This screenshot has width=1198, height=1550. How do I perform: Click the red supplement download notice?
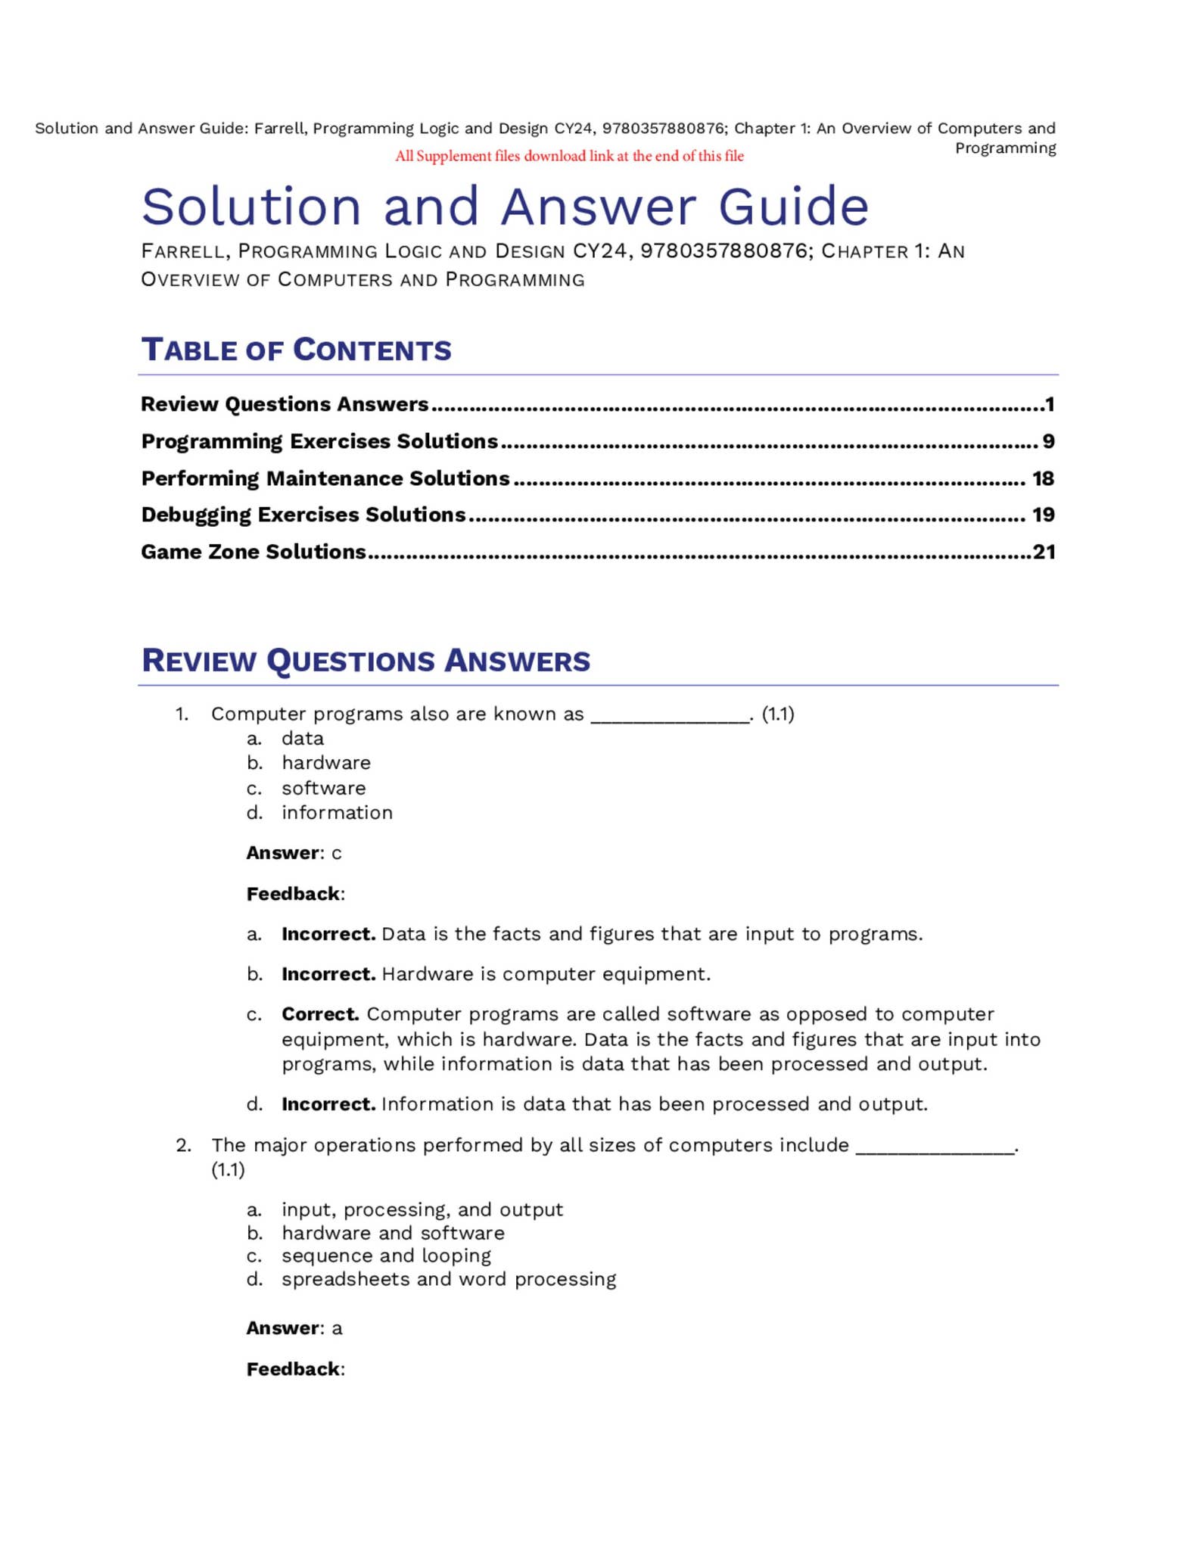569,156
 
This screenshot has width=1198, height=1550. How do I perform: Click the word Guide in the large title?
793,207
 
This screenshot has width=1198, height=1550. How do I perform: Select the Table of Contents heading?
296,350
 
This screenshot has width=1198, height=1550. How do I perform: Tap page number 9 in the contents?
1048,441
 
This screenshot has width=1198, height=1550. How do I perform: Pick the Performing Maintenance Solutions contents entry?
325,478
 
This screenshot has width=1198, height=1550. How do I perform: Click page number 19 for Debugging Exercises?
1043,515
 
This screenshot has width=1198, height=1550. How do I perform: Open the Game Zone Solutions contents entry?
254,552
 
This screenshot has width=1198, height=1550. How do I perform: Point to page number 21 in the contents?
1044,552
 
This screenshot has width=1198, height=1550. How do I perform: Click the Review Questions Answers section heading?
366,661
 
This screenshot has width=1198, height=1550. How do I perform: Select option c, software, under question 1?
323,788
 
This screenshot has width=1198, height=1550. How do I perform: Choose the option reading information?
337,813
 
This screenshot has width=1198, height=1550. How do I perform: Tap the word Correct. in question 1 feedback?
320,1014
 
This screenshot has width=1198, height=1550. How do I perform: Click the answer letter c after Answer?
337,854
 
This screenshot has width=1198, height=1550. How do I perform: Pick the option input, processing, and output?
422,1209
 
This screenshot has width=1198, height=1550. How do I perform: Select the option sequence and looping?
386,1256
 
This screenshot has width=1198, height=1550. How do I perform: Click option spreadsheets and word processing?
449,1279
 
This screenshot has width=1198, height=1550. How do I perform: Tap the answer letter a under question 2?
338,1328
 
